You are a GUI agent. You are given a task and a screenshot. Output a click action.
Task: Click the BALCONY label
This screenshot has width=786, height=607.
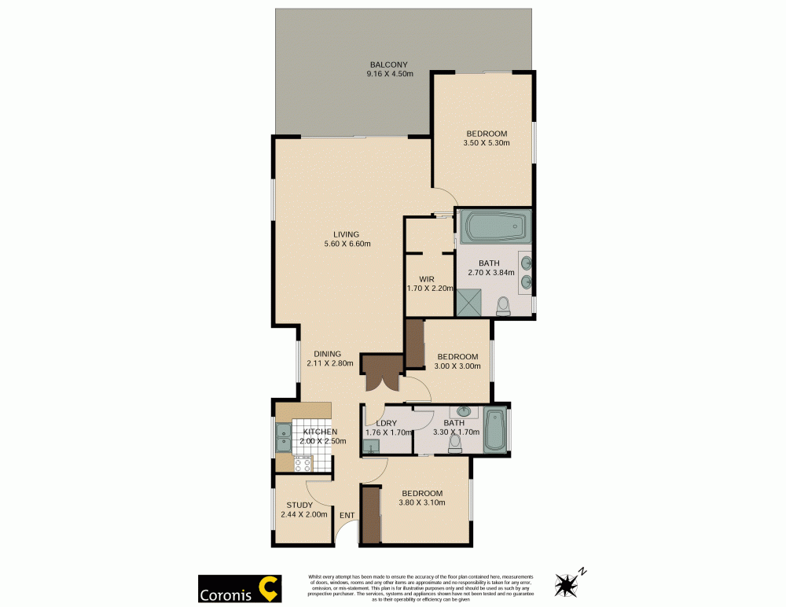(389, 64)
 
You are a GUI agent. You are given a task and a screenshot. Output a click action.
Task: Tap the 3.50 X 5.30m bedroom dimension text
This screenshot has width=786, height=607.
(487, 143)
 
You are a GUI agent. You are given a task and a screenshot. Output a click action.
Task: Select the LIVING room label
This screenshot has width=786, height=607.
(346, 234)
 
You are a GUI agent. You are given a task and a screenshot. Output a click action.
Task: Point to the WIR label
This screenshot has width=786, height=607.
(427, 278)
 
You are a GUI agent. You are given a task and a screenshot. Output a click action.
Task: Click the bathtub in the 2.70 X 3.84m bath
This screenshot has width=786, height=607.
(494, 228)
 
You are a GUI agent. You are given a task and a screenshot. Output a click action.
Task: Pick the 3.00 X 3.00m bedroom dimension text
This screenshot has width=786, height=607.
(457, 366)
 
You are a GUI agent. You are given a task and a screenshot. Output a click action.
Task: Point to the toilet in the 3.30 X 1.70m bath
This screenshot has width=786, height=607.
(454, 445)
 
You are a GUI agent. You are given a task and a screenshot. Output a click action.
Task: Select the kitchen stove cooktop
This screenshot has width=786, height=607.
(303, 464)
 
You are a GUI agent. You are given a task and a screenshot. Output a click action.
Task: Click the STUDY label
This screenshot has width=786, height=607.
(299, 506)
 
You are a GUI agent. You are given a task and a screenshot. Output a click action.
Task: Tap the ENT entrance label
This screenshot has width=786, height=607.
(347, 516)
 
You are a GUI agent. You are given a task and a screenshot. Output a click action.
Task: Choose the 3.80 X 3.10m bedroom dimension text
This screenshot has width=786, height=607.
(422, 503)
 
